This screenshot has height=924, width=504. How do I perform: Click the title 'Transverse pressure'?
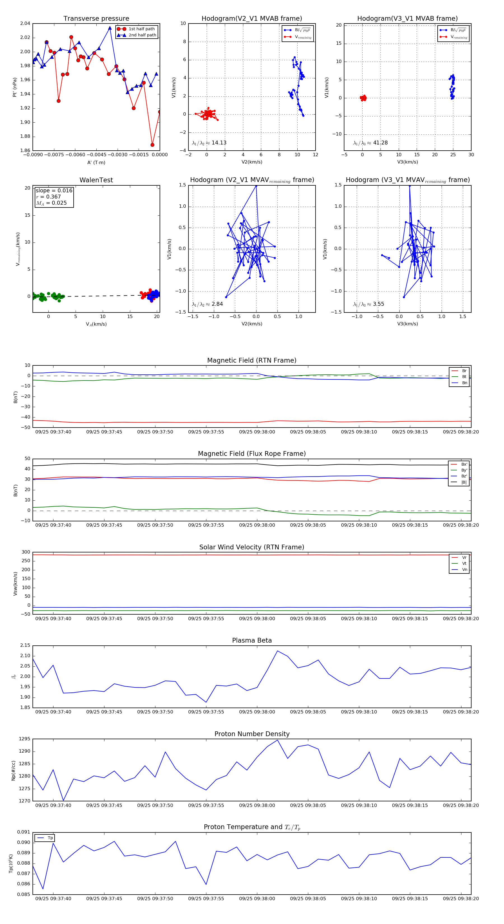coord(96,19)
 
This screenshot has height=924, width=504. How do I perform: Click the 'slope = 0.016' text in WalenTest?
coord(54,190)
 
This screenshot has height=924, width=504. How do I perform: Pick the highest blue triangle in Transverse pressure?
coord(110,28)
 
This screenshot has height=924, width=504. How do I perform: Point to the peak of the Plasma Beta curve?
coord(277,651)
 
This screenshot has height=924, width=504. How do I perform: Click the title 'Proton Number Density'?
coord(252,734)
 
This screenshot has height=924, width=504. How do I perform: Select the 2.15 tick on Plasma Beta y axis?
coord(25,645)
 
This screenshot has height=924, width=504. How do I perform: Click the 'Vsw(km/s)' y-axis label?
coord(15,584)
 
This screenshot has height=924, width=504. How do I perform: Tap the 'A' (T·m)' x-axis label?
coord(96,162)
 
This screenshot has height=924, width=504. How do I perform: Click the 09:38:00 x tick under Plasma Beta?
coord(257,712)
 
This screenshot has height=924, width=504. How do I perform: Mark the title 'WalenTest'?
coord(96,180)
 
